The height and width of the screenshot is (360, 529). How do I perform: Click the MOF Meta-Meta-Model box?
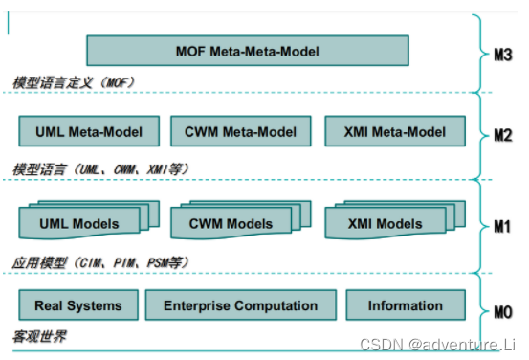[x=247, y=50]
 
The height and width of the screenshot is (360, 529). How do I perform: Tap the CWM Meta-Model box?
[x=241, y=132]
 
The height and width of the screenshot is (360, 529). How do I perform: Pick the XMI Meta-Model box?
[x=395, y=132]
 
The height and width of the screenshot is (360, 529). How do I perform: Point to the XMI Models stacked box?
[x=386, y=224]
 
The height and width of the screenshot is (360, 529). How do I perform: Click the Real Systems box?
[x=77, y=305]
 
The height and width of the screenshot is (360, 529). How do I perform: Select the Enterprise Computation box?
[x=240, y=305]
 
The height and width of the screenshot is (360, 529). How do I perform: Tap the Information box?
[x=406, y=305]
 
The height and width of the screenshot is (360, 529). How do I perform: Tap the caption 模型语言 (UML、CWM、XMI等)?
[x=100, y=169]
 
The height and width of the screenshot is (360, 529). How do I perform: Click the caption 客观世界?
[x=39, y=338]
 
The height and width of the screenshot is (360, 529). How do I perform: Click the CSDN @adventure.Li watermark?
[x=457, y=343]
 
